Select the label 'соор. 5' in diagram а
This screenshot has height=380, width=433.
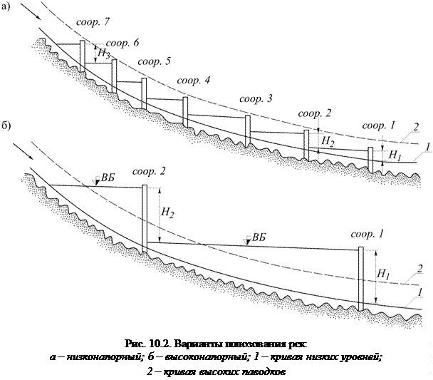point(154,62)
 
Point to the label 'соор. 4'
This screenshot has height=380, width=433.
point(193,80)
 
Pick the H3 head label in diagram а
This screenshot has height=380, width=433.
point(104,53)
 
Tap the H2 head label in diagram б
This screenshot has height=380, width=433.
point(168,211)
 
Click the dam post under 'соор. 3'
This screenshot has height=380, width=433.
point(248,130)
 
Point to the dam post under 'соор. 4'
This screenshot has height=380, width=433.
point(185,110)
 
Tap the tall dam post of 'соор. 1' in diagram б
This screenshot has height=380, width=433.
point(361,279)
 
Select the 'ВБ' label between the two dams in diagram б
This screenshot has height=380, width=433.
point(260,237)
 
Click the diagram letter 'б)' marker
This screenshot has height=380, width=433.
point(6,126)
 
